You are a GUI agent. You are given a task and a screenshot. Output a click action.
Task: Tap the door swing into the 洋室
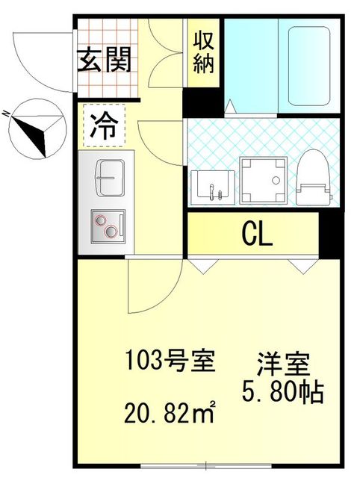pyautogui.click(x=153, y=288)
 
